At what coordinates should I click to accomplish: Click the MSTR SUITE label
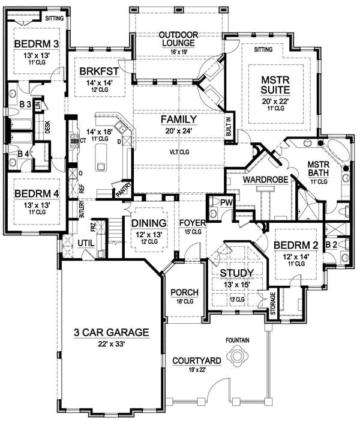[x=275, y=84]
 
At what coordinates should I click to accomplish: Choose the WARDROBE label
[x=262, y=178]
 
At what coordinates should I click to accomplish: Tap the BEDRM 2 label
[x=294, y=246]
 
